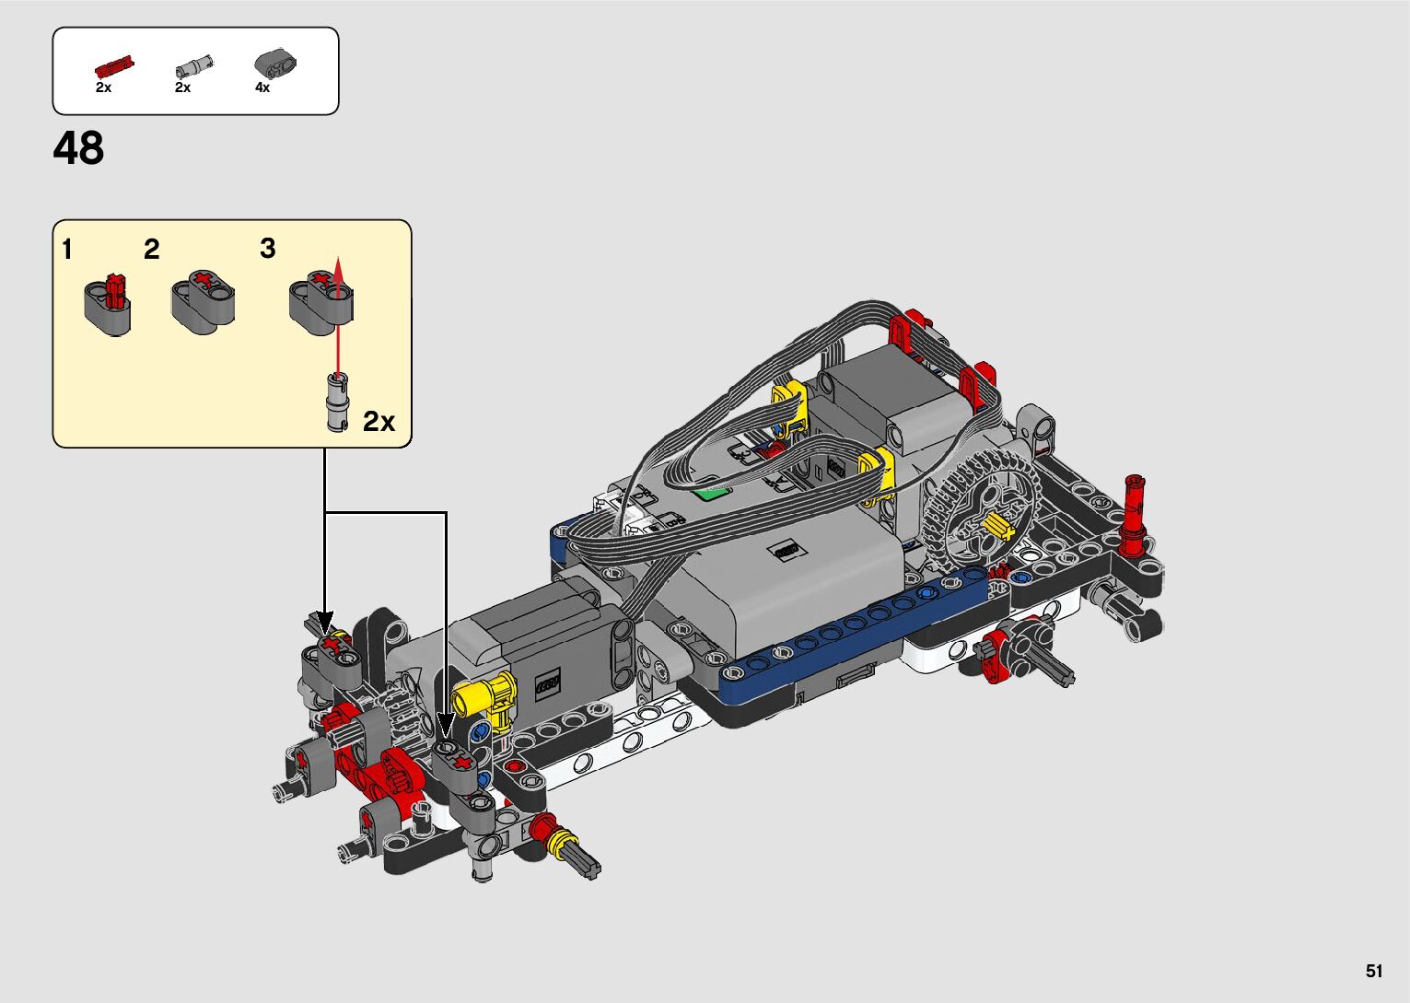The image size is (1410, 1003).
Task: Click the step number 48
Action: point(78,148)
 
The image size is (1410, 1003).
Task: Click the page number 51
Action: point(1374,971)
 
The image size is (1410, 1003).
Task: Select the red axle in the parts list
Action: point(114,66)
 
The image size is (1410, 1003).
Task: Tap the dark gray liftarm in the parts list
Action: point(275,64)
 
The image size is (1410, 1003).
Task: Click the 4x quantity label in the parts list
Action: point(262,88)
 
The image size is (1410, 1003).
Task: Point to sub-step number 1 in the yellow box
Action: point(67,250)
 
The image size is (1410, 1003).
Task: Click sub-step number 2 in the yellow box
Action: point(151,250)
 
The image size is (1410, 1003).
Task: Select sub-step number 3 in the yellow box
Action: point(267,248)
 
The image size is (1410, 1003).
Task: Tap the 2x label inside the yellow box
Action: point(379,421)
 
